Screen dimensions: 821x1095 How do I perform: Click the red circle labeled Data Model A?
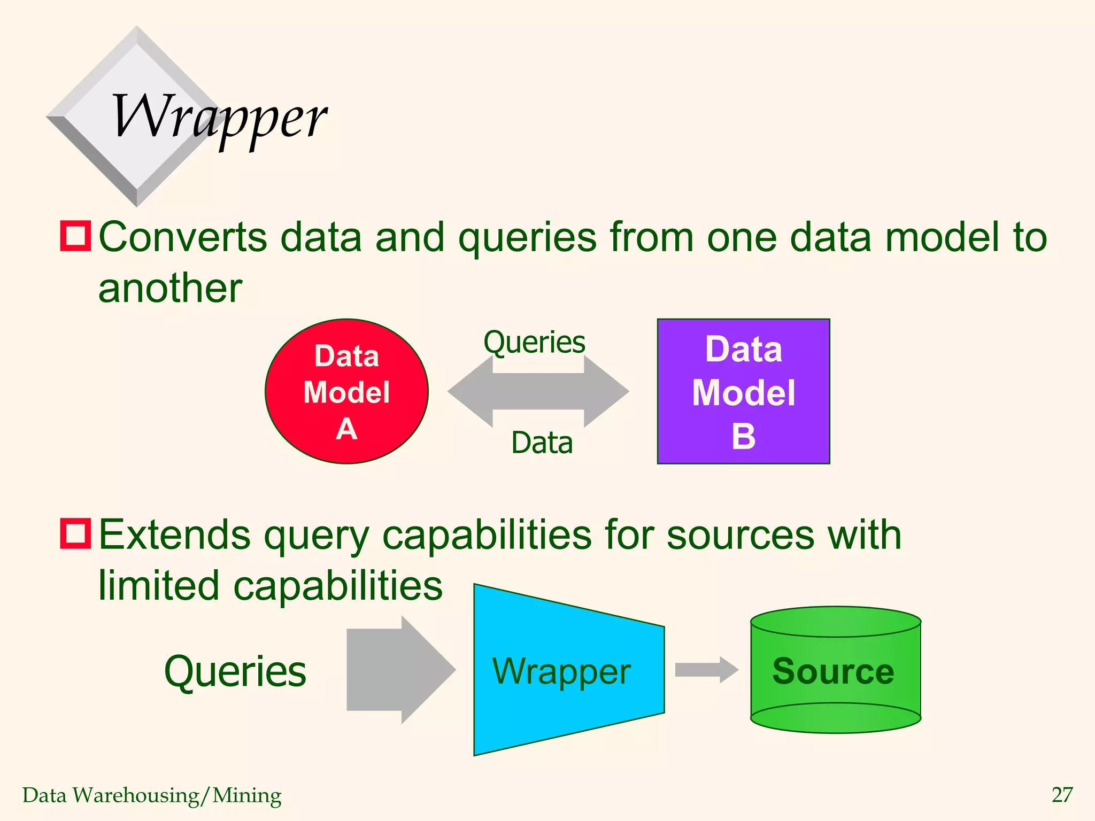[346, 391]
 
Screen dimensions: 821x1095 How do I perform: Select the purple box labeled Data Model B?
[743, 391]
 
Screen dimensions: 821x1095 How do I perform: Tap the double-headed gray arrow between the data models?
[538, 392]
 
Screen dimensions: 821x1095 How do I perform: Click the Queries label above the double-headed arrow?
[534, 342]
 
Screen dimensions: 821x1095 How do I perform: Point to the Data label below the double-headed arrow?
[542, 443]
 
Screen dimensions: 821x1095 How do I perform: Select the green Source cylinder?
[835, 670]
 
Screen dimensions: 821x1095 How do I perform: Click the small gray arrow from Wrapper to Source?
[706, 670]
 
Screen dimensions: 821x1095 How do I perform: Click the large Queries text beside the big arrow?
[235, 671]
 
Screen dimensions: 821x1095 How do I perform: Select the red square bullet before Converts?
[75, 236]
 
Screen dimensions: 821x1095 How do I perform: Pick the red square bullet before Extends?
[75, 533]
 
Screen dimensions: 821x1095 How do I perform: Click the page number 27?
[1062, 795]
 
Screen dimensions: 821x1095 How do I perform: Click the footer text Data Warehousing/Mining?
[152, 795]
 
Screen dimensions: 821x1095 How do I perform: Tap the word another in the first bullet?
[170, 289]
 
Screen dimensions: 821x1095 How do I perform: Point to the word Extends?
[174, 535]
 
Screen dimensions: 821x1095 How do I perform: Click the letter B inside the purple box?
[743, 436]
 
